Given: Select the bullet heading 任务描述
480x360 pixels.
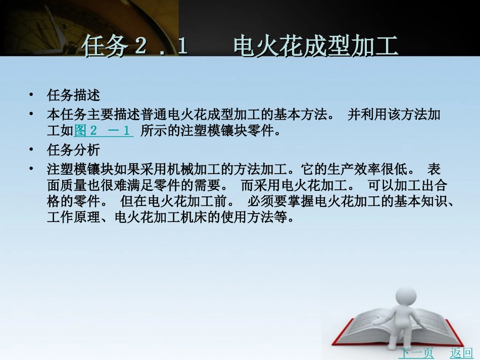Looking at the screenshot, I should pyautogui.click(x=73, y=95).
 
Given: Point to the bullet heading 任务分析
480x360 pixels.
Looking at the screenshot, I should pyautogui.click(x=73, y=150).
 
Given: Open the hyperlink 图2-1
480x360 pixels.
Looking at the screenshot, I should pyautogui.click(x=103, y=131).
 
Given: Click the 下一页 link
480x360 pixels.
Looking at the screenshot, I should pyautogui.click(x=416, y=353).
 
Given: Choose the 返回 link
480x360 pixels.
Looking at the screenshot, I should pyautogui.click(x=461, y=353).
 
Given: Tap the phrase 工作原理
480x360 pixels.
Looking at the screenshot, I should pyautogui.click(x=73, y=219).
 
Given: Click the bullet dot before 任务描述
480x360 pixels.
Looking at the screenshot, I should pyautogui.click(x=31, y=95).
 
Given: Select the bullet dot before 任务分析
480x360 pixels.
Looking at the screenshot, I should pyautogui.click(x=31, y=150).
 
